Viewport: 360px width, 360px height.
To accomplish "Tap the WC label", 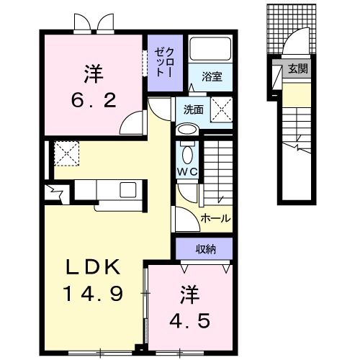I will coord(187,173).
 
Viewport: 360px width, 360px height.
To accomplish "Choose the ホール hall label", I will coord(215,218).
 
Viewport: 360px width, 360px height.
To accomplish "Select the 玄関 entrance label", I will coord(297,69).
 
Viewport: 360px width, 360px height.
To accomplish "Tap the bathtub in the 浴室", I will coord(210,50).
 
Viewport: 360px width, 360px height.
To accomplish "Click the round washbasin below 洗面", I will coord(186,130).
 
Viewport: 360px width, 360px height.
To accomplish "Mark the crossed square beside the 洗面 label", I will coord(219,110).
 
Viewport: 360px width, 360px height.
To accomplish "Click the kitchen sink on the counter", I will coord(128,189).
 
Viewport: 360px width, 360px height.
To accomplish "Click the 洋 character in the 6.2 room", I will coord(93,73).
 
